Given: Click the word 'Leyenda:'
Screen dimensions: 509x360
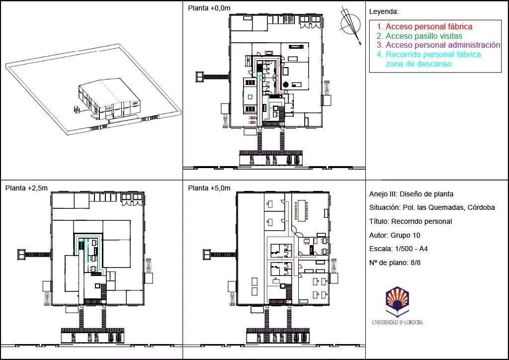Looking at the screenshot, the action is (384, 12).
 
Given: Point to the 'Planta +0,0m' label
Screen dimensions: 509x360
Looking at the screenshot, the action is (209, 8).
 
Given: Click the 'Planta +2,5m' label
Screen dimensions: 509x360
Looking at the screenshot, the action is (27, 188).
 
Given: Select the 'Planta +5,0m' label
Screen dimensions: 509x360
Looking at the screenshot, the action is (209, 188).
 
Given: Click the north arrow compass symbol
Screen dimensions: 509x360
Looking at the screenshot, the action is (350, 24).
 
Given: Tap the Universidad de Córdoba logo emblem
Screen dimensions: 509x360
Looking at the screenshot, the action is (397, 301).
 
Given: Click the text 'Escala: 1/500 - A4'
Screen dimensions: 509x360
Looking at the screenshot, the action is (399, 249).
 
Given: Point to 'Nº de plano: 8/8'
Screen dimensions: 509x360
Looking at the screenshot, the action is (395, 263).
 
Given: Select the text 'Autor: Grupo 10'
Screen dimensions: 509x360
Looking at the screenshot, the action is (395, 235).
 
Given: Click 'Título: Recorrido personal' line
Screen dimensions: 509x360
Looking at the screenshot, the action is (411, 221).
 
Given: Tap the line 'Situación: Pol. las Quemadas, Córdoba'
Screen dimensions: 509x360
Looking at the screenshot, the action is (432, 207).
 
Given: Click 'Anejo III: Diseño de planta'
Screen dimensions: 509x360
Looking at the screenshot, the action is (411, 194).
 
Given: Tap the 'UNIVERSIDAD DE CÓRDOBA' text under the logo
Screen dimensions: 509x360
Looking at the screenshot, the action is (397, 322).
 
